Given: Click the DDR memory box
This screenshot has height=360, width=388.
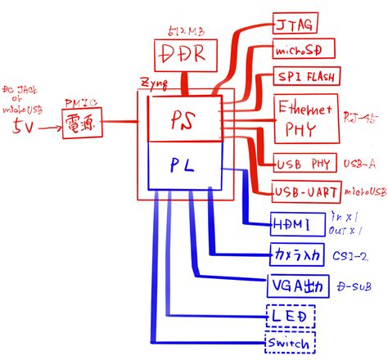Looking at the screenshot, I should coord(188,55).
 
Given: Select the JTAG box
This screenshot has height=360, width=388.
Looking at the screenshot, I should coord(298,22).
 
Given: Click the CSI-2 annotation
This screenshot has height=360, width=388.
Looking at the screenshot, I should coord(350,255).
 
